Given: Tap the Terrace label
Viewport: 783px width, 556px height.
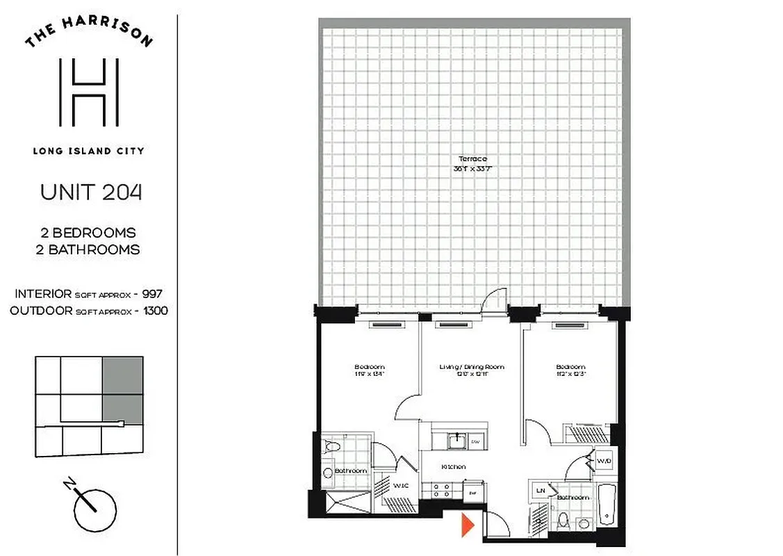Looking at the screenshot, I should click(x=472, y=159).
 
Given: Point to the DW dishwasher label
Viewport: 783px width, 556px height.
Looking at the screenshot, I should click(x=475, y=441).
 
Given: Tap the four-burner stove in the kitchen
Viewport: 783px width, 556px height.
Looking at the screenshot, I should click(x=440, y=491).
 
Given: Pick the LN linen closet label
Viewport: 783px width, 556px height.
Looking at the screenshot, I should click(x=541, y=491).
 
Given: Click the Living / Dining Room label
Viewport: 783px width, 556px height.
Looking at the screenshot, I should click(x=472, y=367).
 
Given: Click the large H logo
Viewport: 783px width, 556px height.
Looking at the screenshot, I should click(x=89, y=92).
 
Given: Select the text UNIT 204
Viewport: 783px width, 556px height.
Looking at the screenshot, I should click(x=91, y=192).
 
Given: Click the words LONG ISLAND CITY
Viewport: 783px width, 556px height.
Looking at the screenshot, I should click(x=88, y=151).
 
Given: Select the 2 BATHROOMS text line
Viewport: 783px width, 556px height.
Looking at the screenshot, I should click(x=88, y=250).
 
